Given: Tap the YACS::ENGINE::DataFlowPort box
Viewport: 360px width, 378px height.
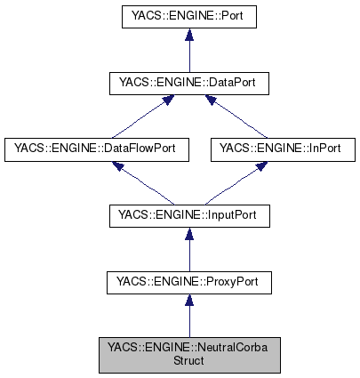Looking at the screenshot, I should [97, 149].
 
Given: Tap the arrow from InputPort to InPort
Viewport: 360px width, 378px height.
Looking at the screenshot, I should [236, 183].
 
